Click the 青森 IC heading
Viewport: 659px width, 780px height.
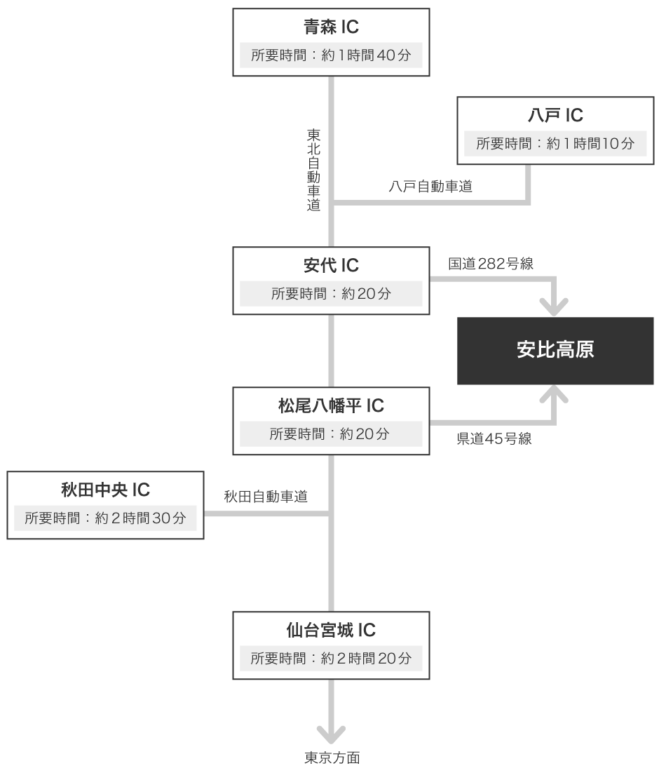click(x=331, y=27)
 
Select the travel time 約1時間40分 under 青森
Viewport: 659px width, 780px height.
click(x=331, y=55)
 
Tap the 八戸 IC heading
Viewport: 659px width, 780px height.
click(x=555, y=115)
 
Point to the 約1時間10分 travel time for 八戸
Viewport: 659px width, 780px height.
click(x=555, y=144)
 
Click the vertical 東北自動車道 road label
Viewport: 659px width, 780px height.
click(x=313, y=170)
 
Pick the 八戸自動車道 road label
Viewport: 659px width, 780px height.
click(x=430, y=187)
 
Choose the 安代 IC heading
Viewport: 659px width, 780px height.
click(x=331, y=266)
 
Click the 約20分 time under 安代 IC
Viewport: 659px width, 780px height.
click(x=331, y=294)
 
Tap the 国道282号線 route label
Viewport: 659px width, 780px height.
click(x=491, y=264)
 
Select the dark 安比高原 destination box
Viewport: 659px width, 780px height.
click(x=555, y=350)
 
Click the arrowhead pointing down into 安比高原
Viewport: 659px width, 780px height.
click(x=555, y=306)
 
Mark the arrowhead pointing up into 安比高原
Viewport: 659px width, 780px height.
click(x=555, y=396)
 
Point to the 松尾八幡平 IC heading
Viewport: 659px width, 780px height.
click(x=331, y=406)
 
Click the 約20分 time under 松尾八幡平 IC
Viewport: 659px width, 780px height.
click(x=331, y=434)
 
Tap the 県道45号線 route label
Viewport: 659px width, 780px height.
click(x=494, y=440)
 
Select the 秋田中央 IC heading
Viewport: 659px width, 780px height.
click(x=105, y=490)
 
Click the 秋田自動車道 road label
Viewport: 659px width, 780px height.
click(x=266, y=497)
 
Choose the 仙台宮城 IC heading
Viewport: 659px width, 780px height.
click(x=331, y=630)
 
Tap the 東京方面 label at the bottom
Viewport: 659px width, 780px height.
click(x=332, y=758)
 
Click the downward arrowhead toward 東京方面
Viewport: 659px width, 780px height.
click(x=332, y=734)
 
